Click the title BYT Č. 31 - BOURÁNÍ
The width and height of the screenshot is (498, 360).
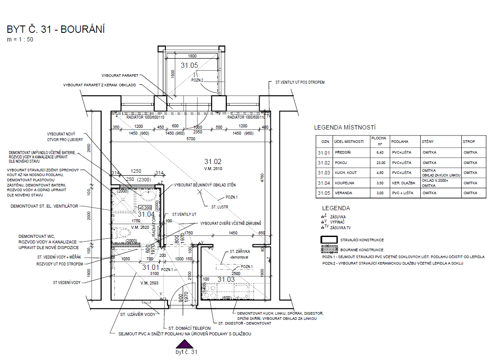pos(56,30)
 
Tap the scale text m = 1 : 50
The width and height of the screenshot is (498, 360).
pos(20,40)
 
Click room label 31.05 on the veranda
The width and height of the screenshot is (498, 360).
pos(189,65)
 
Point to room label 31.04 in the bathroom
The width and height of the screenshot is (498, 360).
pos(146,214)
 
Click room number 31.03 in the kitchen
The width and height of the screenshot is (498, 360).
pos(226,279)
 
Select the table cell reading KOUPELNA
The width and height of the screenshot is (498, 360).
pos(341,183)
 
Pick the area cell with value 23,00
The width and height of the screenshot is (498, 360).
pos(378,163)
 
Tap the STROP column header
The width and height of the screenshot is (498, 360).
pos(469,141)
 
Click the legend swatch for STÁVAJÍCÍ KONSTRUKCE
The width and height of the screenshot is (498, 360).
pos(329,240)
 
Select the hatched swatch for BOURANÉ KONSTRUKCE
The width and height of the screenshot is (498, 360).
pos(329,249)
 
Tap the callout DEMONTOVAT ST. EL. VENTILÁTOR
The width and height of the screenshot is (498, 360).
pos(44,206)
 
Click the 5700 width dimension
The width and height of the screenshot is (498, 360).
pos(190,139)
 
